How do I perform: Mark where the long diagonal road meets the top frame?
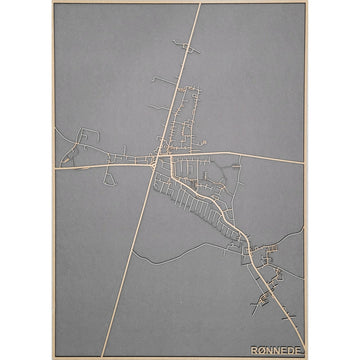199,6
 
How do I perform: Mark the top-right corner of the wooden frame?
306,4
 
